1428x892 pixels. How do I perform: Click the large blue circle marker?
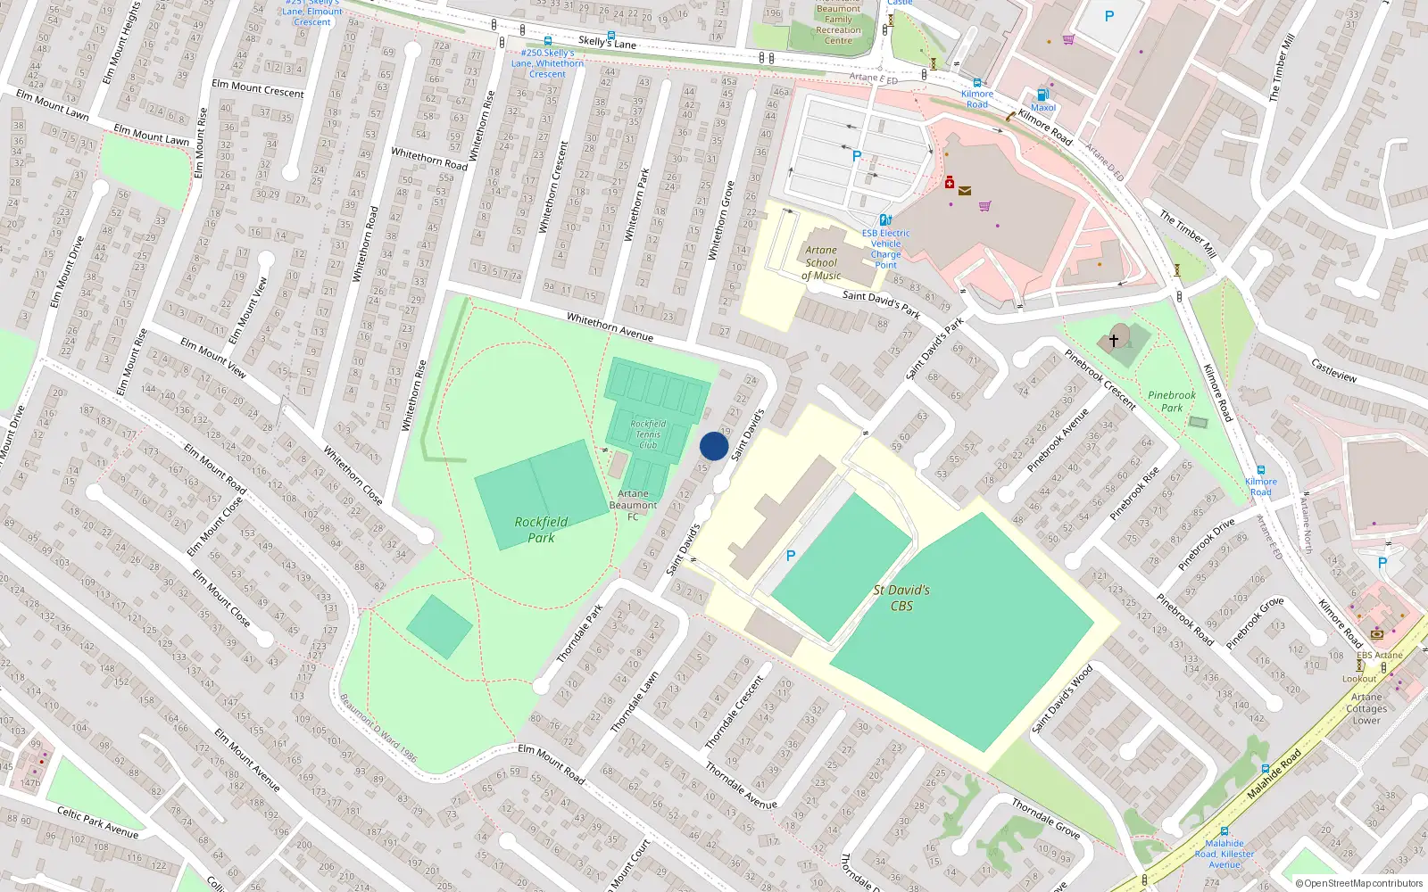click(713, 446)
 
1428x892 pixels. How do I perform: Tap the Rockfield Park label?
click(541, 530)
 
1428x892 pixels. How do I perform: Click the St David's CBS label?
click(901, 598)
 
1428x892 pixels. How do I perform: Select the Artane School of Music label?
click(821, 263)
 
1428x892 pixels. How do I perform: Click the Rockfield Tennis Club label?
click(648, 434)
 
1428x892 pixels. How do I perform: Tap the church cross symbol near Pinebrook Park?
click(1113, 340)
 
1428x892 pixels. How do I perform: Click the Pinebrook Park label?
click(1171, 401)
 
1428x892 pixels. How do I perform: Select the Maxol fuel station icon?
click(1042, 95)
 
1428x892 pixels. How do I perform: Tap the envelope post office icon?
click(965, 190)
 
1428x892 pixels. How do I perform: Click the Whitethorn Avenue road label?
click(610, 327)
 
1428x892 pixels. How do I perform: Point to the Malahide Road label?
click(1274, 773)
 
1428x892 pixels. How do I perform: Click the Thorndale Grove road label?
click(1045, 819)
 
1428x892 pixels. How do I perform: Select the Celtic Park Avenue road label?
click(97, 822)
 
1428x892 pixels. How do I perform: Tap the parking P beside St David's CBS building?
click(790, 556)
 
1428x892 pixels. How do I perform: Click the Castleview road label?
click(1333, 369)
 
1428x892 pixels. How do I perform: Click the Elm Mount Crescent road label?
click(258, 88)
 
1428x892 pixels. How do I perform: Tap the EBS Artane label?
click(1379, 655)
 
